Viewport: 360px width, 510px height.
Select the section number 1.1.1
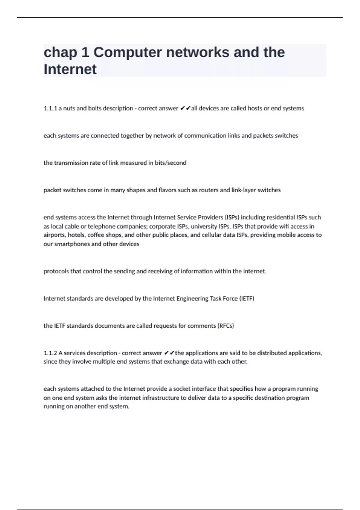[50, 108]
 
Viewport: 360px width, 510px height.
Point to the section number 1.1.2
[50, 353]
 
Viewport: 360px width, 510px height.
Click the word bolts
[94, 108]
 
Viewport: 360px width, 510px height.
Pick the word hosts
[255, 108]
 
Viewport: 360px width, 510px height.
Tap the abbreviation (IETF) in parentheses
[247, 298]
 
